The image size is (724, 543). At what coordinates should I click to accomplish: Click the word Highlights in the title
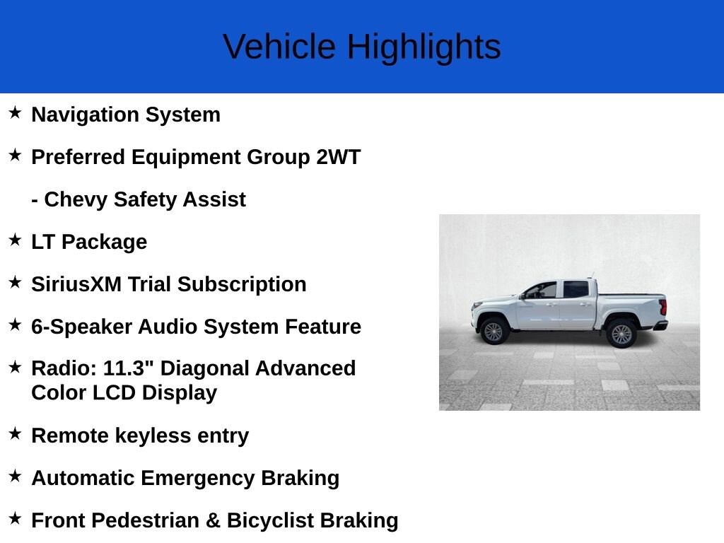(424, 47)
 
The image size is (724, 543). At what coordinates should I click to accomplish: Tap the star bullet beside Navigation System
(15, 112)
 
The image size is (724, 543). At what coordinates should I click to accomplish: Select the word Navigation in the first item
(86, 115)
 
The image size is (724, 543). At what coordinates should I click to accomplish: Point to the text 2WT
(338, 157)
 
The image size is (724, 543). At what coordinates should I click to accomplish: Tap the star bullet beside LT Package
(15, 240)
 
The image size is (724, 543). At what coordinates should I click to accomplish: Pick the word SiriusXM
(76, 284)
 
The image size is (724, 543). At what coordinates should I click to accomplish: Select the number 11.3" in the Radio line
(128, 368)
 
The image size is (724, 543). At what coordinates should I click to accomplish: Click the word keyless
(153, 436)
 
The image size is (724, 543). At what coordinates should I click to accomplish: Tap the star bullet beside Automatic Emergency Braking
(15, 476)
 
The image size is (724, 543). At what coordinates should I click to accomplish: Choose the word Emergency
(198, 479)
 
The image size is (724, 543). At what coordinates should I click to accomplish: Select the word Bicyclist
(270, 521)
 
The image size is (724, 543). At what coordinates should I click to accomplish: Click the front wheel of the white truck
(493, 331)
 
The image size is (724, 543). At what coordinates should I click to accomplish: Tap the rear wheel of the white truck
(621, 334)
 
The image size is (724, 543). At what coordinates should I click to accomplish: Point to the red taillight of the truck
(663, 307)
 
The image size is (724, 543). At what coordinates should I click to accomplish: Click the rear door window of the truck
(576, 289)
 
